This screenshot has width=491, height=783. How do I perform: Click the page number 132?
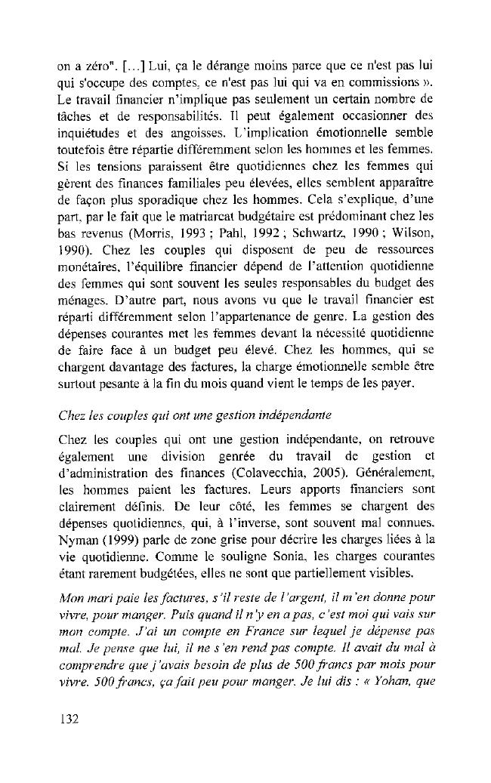[70, 718]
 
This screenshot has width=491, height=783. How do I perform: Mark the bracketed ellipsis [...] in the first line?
[127, 42]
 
